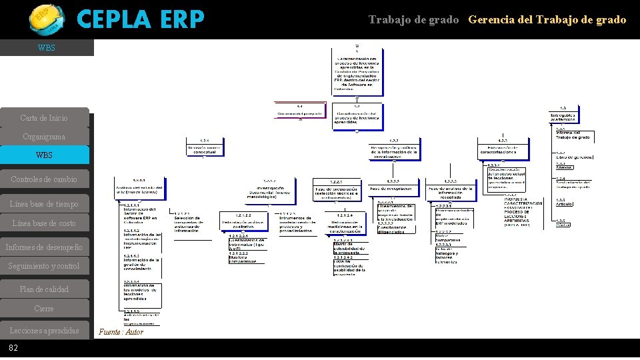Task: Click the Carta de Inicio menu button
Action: [x=44, y=118]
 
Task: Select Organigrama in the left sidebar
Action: [x=44, y=137]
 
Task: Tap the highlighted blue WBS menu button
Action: [x=44, y=155]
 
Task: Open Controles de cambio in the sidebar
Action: [x=44, y=179]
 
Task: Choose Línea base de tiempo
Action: [x=44, y=204]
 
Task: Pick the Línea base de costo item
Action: [x=44, y=223]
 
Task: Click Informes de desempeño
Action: [x=44, y=247]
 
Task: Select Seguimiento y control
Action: [x=44, y=266]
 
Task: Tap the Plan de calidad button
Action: [x=44, y=289]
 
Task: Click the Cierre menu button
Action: [x=44, y=309]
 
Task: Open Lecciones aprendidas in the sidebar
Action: [x=44, y=331]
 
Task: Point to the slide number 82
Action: [x=13, y=349]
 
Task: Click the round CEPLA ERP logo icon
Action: [x=47, y=18]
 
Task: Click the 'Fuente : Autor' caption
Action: [x=121, y=332]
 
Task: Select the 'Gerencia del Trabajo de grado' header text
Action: [x=547, y=20]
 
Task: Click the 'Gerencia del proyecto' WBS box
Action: [x=300, y=111]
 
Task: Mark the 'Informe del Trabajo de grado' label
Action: [x=573, y=135]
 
